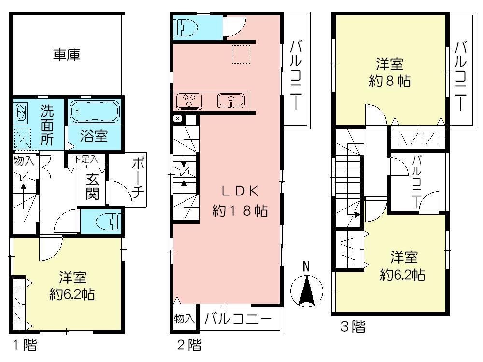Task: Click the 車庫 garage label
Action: [x=67, y=55]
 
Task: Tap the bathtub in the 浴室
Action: [x=94, y=111]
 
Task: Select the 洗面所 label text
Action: [x=47, y=125]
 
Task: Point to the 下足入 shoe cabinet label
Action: [x=85, y=159]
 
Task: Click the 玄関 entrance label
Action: [x=92, y=187]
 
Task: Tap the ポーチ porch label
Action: [x=138, y=179]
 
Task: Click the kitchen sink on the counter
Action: [x=231, y=101]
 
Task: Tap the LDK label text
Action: [x=240, y=191]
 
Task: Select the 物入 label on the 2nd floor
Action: [x=184, y=318]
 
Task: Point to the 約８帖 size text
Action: [x=389, y=81]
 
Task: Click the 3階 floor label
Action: [x=353, y=327]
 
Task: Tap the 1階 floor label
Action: [x=25, y=345]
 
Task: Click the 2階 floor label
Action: [x=189, y=345]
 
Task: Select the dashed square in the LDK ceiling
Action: [x=241, y=55]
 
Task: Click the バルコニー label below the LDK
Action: [x=238, y=319]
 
